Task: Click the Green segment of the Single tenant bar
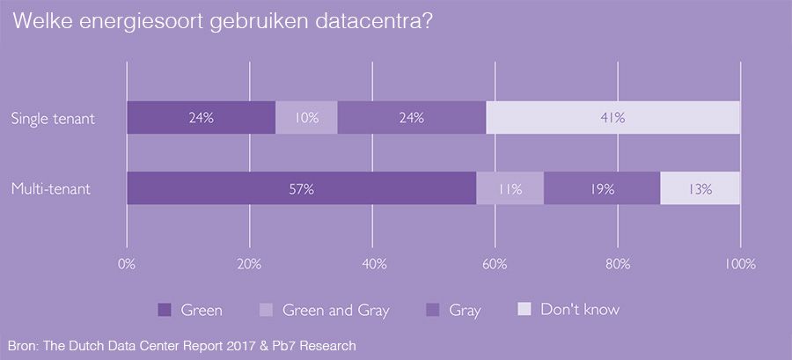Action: [x=201, y=117]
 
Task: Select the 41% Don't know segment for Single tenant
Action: [x=612, y=117]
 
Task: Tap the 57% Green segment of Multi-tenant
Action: [x=301, y=188]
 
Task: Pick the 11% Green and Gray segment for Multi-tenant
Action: [x=510, y=188]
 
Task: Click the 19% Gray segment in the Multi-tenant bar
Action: [x=602, y=188]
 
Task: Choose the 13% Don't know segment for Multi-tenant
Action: [x=700, y=188]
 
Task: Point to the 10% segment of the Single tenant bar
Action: [x=306, y=117]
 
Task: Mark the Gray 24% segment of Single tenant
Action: [x=411, y=117]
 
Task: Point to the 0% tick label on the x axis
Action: [x=127, y=264]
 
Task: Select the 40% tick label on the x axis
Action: [x=372, y=264]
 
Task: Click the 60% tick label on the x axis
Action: [x=495, y=264]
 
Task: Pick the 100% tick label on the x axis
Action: [x=739, y=264]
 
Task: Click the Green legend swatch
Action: [x=164, y=310]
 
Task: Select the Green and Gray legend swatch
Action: [x=266, y=310]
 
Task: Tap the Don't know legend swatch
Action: [x=524, y=310]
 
